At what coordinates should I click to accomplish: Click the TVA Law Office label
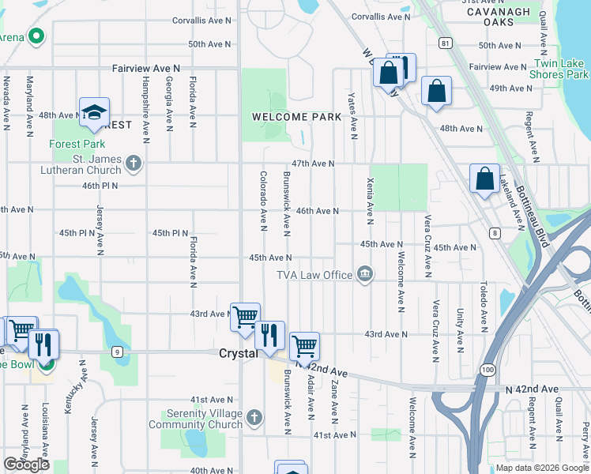click(314, 275)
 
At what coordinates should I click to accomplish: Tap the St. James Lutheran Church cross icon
click(134, 164)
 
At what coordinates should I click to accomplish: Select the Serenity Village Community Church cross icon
click(254, 416)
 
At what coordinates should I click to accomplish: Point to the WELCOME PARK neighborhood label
click(296, 117)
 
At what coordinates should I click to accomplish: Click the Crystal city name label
click(238, 354)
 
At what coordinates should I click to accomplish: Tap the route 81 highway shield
click(446, 43)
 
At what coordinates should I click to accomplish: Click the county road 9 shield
click(117, 352)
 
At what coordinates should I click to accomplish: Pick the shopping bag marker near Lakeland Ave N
click(484, 179)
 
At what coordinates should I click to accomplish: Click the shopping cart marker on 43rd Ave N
click(245, 317)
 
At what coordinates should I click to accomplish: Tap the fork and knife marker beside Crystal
click(270, 335)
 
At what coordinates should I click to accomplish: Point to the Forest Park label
click(77, 145)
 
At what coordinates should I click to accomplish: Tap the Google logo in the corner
click(26, 465)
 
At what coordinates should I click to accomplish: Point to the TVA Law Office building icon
click(364, 274)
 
